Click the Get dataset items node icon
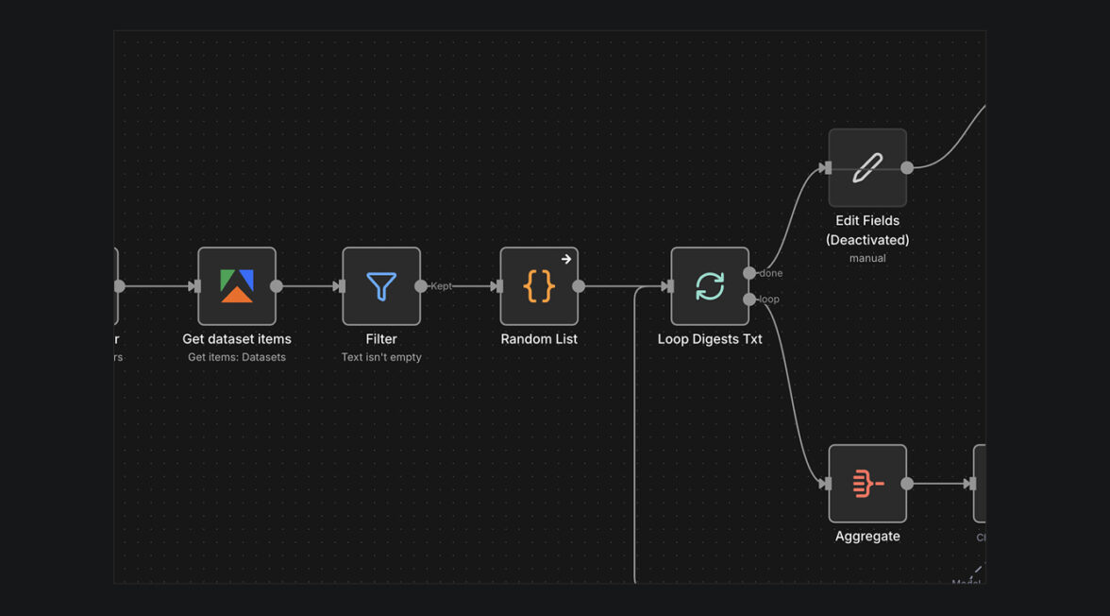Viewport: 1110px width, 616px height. pyautogui.click(x=237, y=286)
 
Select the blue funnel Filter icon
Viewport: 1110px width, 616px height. pyautogui.click(x=381, y=286)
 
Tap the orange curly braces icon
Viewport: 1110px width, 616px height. pyautogui.click(x=539, y=286)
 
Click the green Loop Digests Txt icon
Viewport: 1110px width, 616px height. pyautogui.click(x=710, y=286)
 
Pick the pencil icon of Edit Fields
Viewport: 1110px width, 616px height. pyautogui.click(x=867, y=168)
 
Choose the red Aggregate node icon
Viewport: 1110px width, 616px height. pyautogui.click(x=867, y=484)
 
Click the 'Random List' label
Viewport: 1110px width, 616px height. pyautogui.click(x=539, y=339)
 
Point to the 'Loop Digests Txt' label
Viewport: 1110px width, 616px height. pyautogui.click(x=710, y=339)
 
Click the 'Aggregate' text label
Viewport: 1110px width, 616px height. pyautogui.click(x=867, y=537)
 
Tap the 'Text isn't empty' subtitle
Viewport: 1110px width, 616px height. pyautogui.click(x=381, y=357)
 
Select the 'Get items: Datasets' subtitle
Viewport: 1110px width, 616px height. pyautogui.click(x=237, y=357)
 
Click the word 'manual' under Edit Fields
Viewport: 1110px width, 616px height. pyautogui.click(x=867, y=258)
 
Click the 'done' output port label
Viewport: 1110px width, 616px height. pyautogui.click(x=771, y=273)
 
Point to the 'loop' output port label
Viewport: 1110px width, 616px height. pyautogui.click(x=769, y=299)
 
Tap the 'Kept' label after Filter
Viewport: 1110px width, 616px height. pyautogui.click(x=442, y=286)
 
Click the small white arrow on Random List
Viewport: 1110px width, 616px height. pyautogui.click(x=566, y=259)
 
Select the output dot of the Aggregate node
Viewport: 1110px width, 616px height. pyautogui.click(x=907, y=484)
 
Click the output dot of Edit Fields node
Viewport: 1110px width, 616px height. pyautogui.click(x=907, y=168)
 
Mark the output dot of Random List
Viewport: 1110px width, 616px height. pyautogui.click(x=579, y=286)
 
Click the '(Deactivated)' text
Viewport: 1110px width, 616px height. pyautogui.click(x=867, y=240)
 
